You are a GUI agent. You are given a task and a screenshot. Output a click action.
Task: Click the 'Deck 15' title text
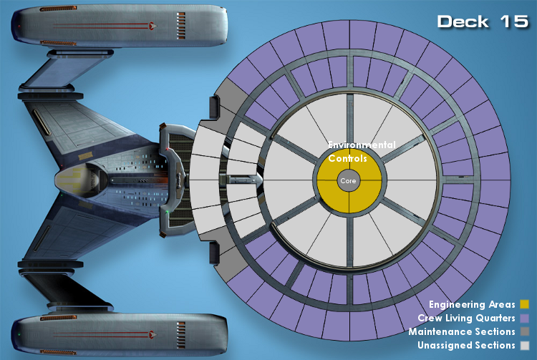coord(483,21)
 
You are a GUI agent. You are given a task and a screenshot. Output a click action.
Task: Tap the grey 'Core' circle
coord(349,180)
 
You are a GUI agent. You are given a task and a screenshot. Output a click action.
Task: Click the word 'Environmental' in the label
coord(362,145)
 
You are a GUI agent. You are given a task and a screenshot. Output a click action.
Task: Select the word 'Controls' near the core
coord(347,158)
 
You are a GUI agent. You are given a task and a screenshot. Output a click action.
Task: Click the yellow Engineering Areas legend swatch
coord(524,304)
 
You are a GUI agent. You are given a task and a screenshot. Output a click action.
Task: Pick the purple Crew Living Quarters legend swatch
coord(524,318)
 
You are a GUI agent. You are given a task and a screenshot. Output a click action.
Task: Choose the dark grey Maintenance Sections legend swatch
coord(524,331)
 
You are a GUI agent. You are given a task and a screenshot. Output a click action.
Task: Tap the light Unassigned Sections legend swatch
coord(524,345)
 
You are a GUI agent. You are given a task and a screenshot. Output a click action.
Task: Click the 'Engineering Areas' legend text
coord(472,305)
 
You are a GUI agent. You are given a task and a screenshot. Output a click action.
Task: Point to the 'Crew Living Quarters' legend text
coord(466,318)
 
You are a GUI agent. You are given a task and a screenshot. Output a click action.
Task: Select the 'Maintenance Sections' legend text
coord(462,331)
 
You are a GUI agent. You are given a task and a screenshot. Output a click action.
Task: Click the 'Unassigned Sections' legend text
coord(466,345)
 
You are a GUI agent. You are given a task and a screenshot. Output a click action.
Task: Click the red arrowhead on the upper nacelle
coord(153,25)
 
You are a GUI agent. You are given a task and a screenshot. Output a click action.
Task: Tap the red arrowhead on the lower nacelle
coord(153,334)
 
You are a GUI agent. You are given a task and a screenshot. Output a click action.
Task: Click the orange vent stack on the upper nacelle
coord(181,25)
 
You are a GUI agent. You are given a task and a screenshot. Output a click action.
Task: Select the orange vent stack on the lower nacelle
coord(181,335)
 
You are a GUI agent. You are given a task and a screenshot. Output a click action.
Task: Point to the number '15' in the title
coord(514,21)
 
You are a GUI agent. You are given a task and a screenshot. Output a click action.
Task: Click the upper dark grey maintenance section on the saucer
coord(227,97)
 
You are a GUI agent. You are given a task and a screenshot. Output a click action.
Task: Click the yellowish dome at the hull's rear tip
coord(71,180)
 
